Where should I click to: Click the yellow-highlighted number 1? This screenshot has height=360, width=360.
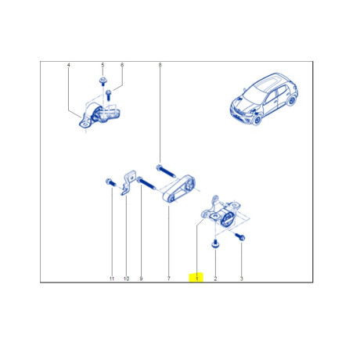click(x=197, y=278)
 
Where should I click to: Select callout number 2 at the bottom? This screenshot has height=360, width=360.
click(x=216, y=278)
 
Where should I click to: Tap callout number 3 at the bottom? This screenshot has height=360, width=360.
click(x=241, y=278)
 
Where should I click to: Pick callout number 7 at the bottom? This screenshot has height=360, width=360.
click(x=168, y=278)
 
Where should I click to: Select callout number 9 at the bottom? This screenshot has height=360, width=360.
click(x=141, y=278)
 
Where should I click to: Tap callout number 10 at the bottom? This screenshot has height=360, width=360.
click(x=126, y=278)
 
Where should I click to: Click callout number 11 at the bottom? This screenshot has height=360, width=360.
click(x=111, y=278)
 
